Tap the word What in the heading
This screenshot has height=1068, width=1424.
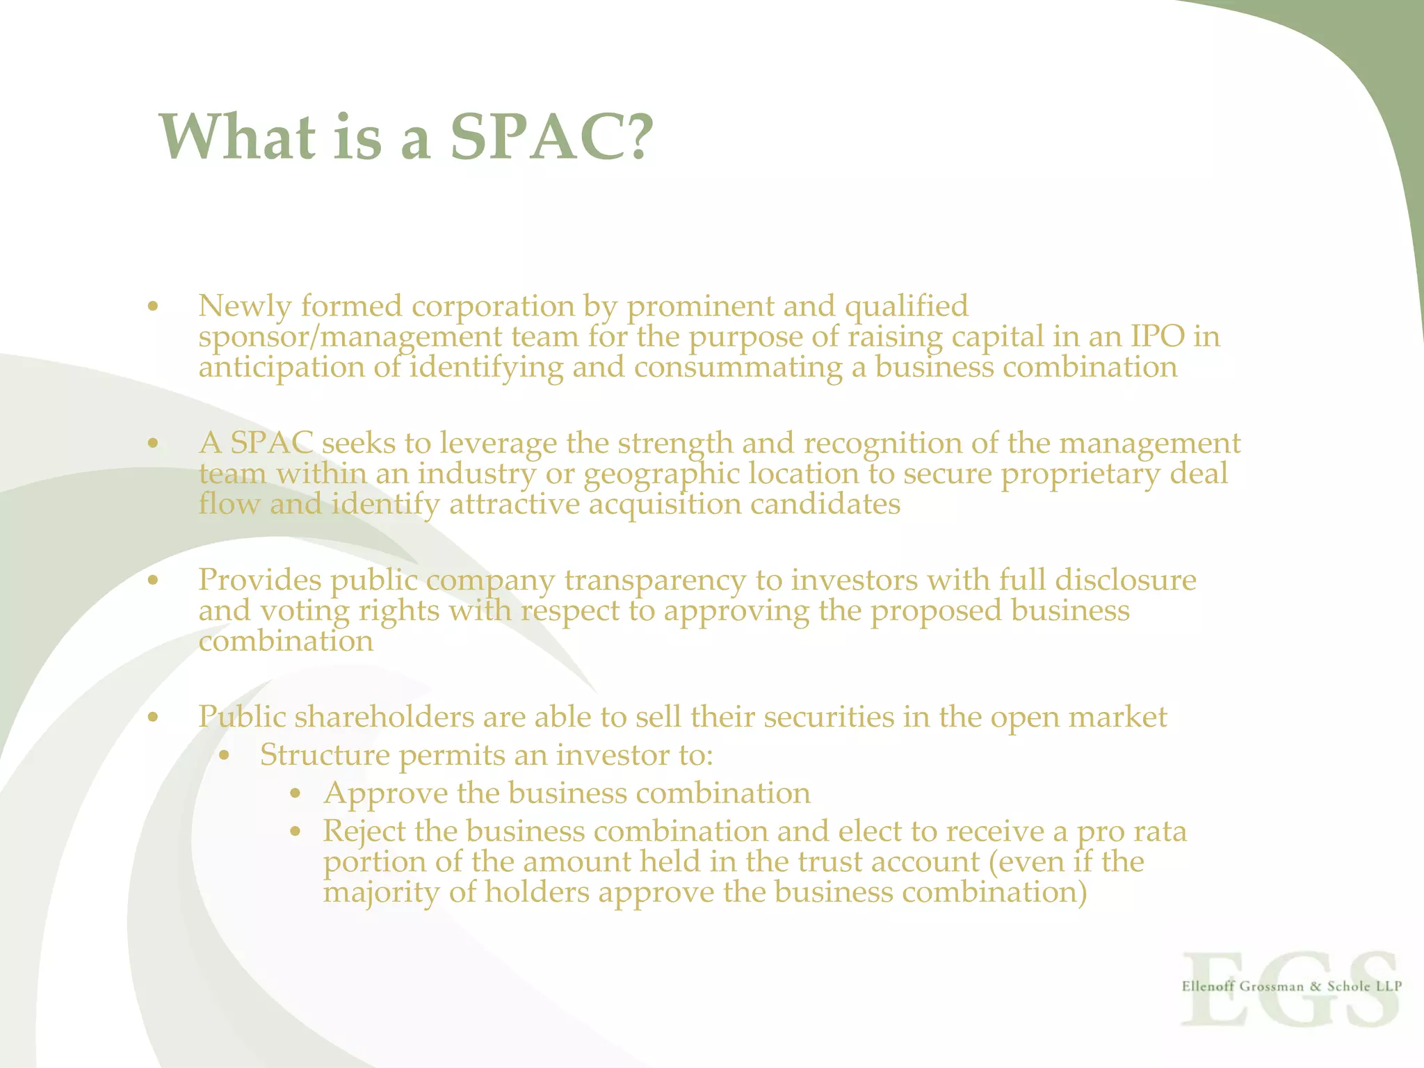pyautogui.click(x=237, y=136)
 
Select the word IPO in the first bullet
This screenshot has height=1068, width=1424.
pyautogui.click(x=1157, y=337)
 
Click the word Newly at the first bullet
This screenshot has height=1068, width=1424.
pyautogui.click(x=244, y=307)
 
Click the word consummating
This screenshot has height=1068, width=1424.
pyautogui.click(x=738, y=367)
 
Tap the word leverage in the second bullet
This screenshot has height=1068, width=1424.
pyautogui.click(x=494, y=444)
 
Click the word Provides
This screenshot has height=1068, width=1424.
pyautogui.click(x=259, y=581)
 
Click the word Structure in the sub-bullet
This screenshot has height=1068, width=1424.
pyautogui.click(x=325, y=755)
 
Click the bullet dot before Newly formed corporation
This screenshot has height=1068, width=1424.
pyautogui.click(x=153, y=307)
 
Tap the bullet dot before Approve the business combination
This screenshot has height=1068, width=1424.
pyautogui.click(x=296, y=794)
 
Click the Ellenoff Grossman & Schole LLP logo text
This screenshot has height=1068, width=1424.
pyautogui.click(x=1291, y=986)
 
